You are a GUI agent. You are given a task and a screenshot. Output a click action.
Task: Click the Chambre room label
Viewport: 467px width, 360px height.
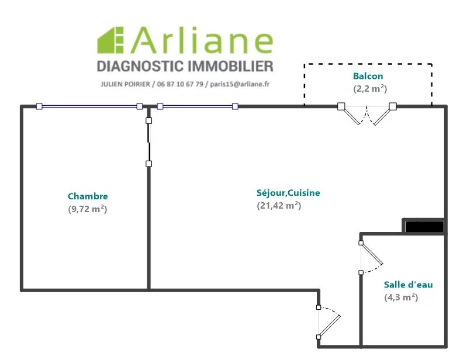tap(88, 196)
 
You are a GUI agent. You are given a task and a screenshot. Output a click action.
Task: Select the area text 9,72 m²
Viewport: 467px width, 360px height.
tap(88, 209)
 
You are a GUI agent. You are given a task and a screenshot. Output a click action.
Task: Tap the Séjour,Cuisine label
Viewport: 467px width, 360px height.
tap(288, 193)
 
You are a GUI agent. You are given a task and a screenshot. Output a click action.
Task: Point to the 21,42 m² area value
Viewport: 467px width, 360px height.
tap(279, 205)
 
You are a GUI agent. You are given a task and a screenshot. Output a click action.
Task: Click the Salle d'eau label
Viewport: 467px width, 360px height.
tap(408, 285)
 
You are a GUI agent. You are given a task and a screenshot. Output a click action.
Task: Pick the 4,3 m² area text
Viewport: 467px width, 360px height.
tap(401, 297)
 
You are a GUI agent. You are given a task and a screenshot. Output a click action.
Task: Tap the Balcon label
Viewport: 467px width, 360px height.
tap(368, 76)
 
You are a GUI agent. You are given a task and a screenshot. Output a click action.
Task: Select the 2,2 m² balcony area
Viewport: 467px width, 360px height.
tap(370, 89)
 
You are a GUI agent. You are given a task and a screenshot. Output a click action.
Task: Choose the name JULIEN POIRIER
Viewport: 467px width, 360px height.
tap(124, 84)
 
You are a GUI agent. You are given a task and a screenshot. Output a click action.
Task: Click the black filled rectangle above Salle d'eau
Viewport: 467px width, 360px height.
tap(424, 226)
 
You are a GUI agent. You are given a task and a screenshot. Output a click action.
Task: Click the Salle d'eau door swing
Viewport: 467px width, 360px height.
tap(371, 258)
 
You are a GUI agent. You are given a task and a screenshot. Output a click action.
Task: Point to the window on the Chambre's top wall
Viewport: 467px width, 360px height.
tap(89, 106)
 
